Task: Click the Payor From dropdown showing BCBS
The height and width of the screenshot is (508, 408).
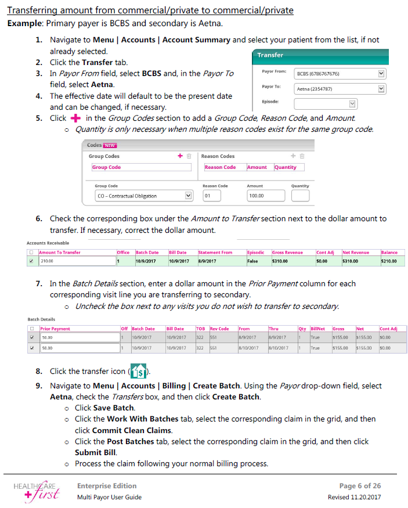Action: pyautogui.click(x=340, y=74)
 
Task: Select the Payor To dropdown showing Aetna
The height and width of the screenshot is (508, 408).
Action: pyautogui.click(x=340, y=89)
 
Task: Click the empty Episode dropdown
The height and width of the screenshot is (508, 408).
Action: pyautogui.click(x=325, y=103)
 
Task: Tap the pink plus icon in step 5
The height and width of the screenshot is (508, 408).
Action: pyautogui.click(x=74, y=118)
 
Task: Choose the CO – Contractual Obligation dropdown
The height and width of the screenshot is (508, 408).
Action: pyautogui.click(x=143, y=196)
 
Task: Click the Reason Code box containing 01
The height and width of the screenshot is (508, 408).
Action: pyautogui.click(x=211, y=196)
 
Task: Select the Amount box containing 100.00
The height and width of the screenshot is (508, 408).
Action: pyautogui.click(x=265, y=196)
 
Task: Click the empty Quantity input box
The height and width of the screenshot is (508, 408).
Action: pyautogui.click(x=300, y=196)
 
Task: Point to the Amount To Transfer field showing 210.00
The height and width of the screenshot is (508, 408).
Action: pyautogui.click(x=76, y=261)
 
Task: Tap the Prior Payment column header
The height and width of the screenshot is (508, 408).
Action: pyautogui.click(x=55, y=329)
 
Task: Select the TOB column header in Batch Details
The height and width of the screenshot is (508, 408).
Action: pyautogui.click(x=201, y=329)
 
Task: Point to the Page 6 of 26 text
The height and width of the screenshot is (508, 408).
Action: pyautogui.click(x=360, y=486)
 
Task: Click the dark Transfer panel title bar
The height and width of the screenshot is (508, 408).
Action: pyautogui.click(x=327, y=55)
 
